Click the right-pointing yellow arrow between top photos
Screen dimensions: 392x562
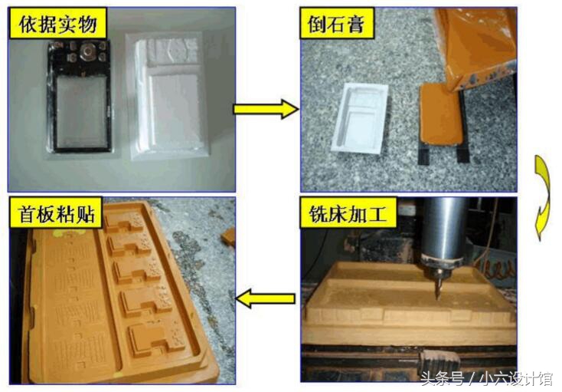(264, 109)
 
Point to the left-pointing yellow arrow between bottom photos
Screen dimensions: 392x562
(265, 298)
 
